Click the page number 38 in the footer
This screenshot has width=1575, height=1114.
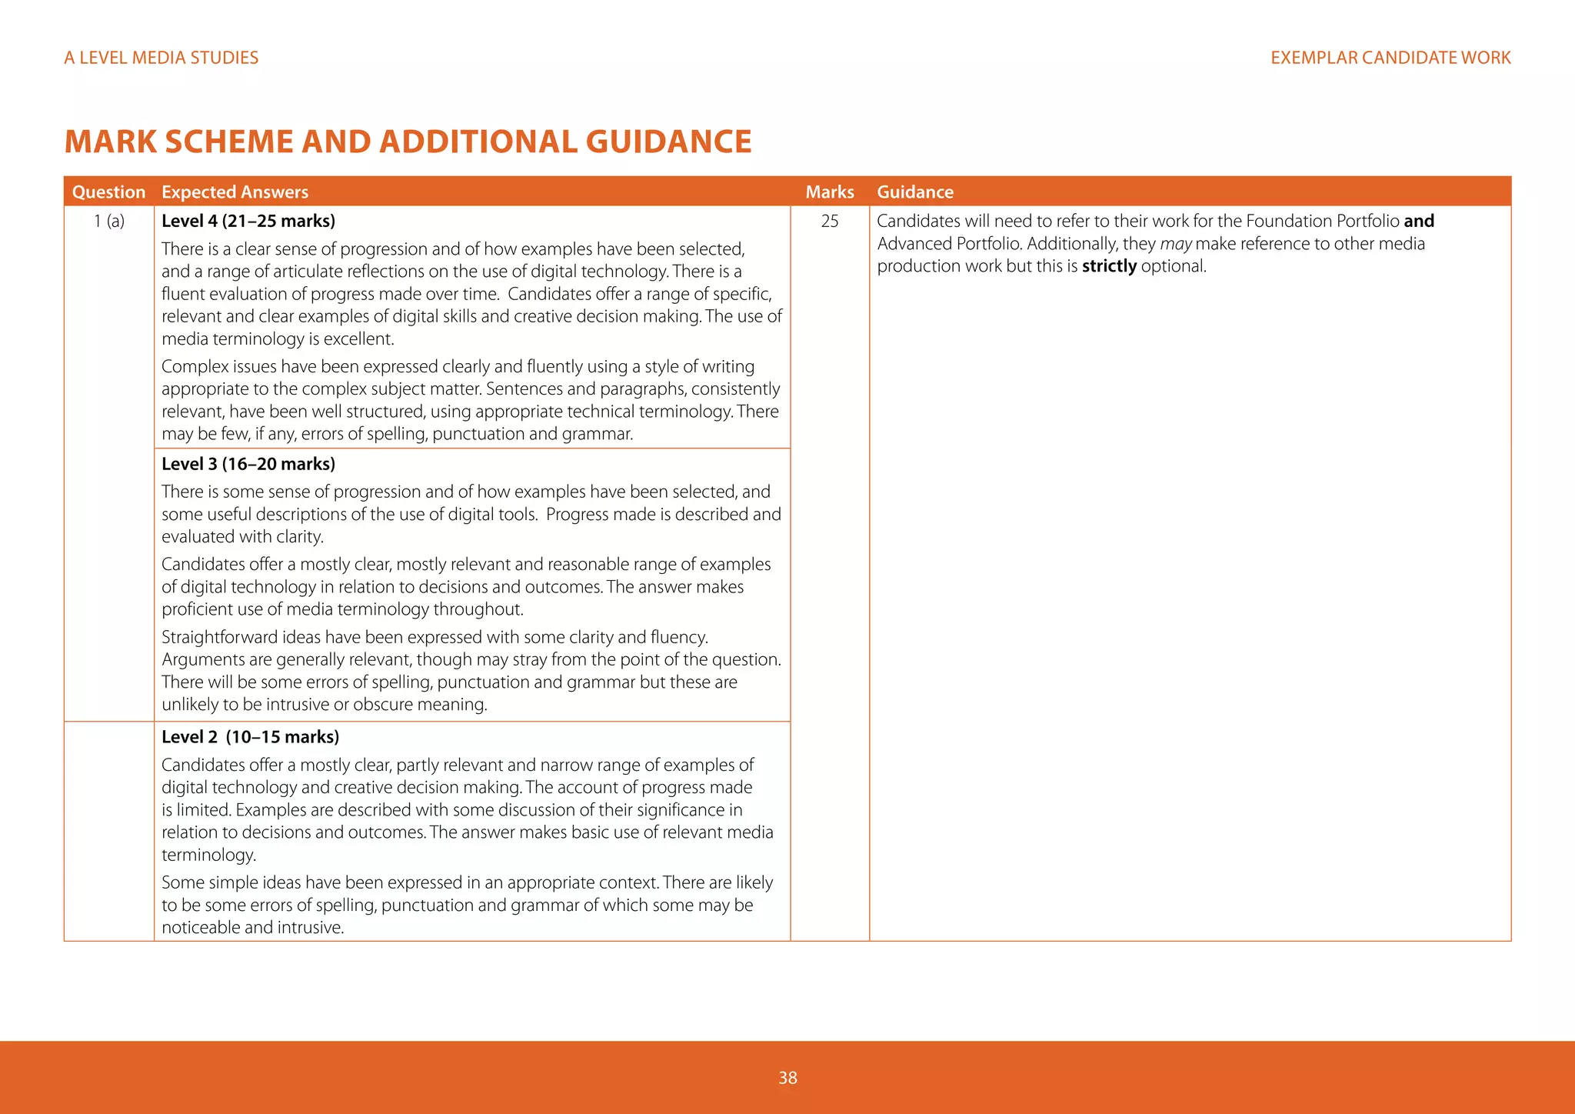[787, 1078]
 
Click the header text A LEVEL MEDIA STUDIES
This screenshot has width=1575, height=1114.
[161, 58]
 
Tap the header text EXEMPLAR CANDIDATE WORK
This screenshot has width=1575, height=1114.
[1390, 58]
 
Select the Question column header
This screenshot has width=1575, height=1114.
[108, 192]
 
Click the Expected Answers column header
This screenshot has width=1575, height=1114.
[235, 192]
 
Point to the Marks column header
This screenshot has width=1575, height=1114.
[829, 192]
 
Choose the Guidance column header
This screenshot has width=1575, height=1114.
[915, 192]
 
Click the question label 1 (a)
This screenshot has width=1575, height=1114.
[108, 222]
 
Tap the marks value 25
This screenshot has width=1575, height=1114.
[829, 222]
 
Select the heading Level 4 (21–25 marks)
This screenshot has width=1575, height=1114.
[248, 222]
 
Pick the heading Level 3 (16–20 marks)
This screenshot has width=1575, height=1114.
[248, 464]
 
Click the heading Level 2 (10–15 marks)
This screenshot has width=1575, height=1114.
[250, 737]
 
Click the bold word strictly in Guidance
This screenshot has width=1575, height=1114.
[1109, 266]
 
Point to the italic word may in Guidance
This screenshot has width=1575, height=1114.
[1175, 244]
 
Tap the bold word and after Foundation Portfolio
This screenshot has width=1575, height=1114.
[1419, 222]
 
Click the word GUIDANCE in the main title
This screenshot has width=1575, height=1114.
[668, 142]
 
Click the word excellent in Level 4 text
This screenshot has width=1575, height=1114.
[361, 339]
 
